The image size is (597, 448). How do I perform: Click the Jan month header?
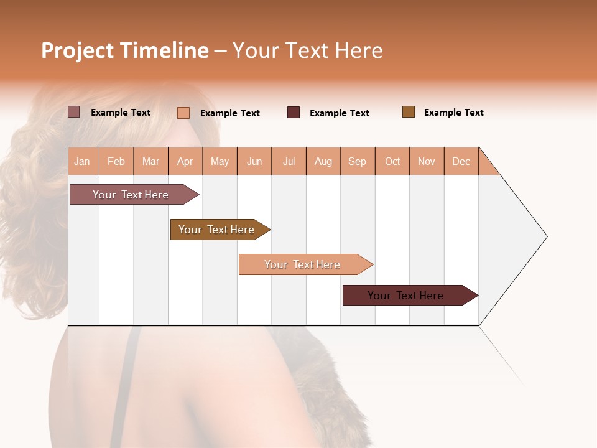pyautogui.click(x=83, y=161)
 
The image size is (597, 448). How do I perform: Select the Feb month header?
pyautogui.click(x=116, y=161)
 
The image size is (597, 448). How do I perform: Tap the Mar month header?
pyautogui.click(x=150, y=161)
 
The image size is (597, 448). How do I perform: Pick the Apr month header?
pyautogui.click(x=185, y=161)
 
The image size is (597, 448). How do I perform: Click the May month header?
pyautogui.click(x=220, y=161)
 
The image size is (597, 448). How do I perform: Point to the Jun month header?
pyautogui.click(x=254, y=161)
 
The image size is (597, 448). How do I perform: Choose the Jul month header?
pyautogui.click(x=289, y=161)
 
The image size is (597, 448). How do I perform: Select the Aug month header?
pyautogui.click(x=323, y=161)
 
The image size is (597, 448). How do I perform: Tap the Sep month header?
pyautogui.click(x=358, y=161)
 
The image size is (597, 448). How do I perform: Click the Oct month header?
pyautogui.click(x=392, y=161)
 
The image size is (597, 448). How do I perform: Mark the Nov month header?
pyautogui.click(x=427, y=161)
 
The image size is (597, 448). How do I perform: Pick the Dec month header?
pyautogui.click(x=461, y=161)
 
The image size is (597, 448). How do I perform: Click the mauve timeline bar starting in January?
pyautogui.click(x=131, y=195)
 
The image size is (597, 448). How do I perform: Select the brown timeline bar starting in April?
pyautogui.click(x=216, y=230)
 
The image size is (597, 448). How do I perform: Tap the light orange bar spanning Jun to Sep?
pyautogui.click(x=302, y=264)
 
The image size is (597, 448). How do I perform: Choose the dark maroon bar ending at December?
pyautogui.click(x=405, y=296)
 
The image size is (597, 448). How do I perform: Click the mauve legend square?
pyautogui.click(x=74, y=112)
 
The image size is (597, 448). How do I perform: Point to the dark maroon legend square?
pyautogui.click(x=294, y=112)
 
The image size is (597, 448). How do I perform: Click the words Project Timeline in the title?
pyautogui.click(x=125, y=50)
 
